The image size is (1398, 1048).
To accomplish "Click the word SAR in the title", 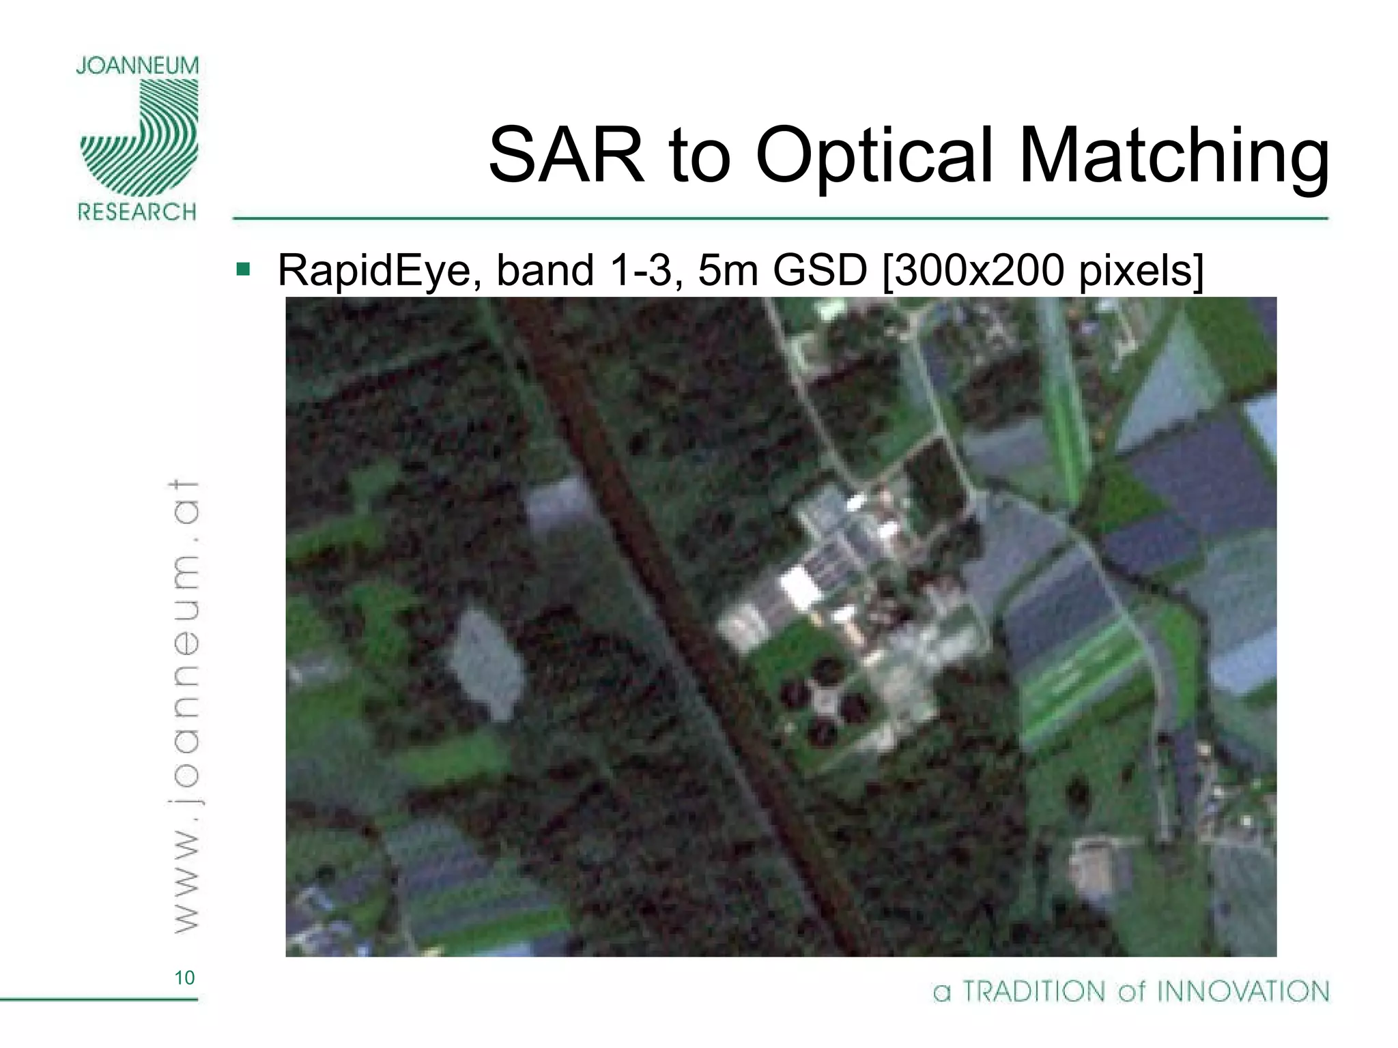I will click(x=566, y=156).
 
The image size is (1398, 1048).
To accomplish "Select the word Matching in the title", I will click(x=1174, y=156).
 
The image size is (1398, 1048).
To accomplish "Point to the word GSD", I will click(x=819, y=270).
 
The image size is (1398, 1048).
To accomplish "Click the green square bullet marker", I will click(x=243, y=269).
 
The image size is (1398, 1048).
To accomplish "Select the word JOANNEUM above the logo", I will click(x=137, y=66).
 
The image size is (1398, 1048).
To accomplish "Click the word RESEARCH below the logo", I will click(x=137, y=212).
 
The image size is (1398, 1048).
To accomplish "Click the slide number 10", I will click(x=184, y=978).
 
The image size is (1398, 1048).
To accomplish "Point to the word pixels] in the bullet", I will click(x=1141, y=270).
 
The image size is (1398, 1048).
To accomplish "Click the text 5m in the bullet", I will click(x=727, y=270).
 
